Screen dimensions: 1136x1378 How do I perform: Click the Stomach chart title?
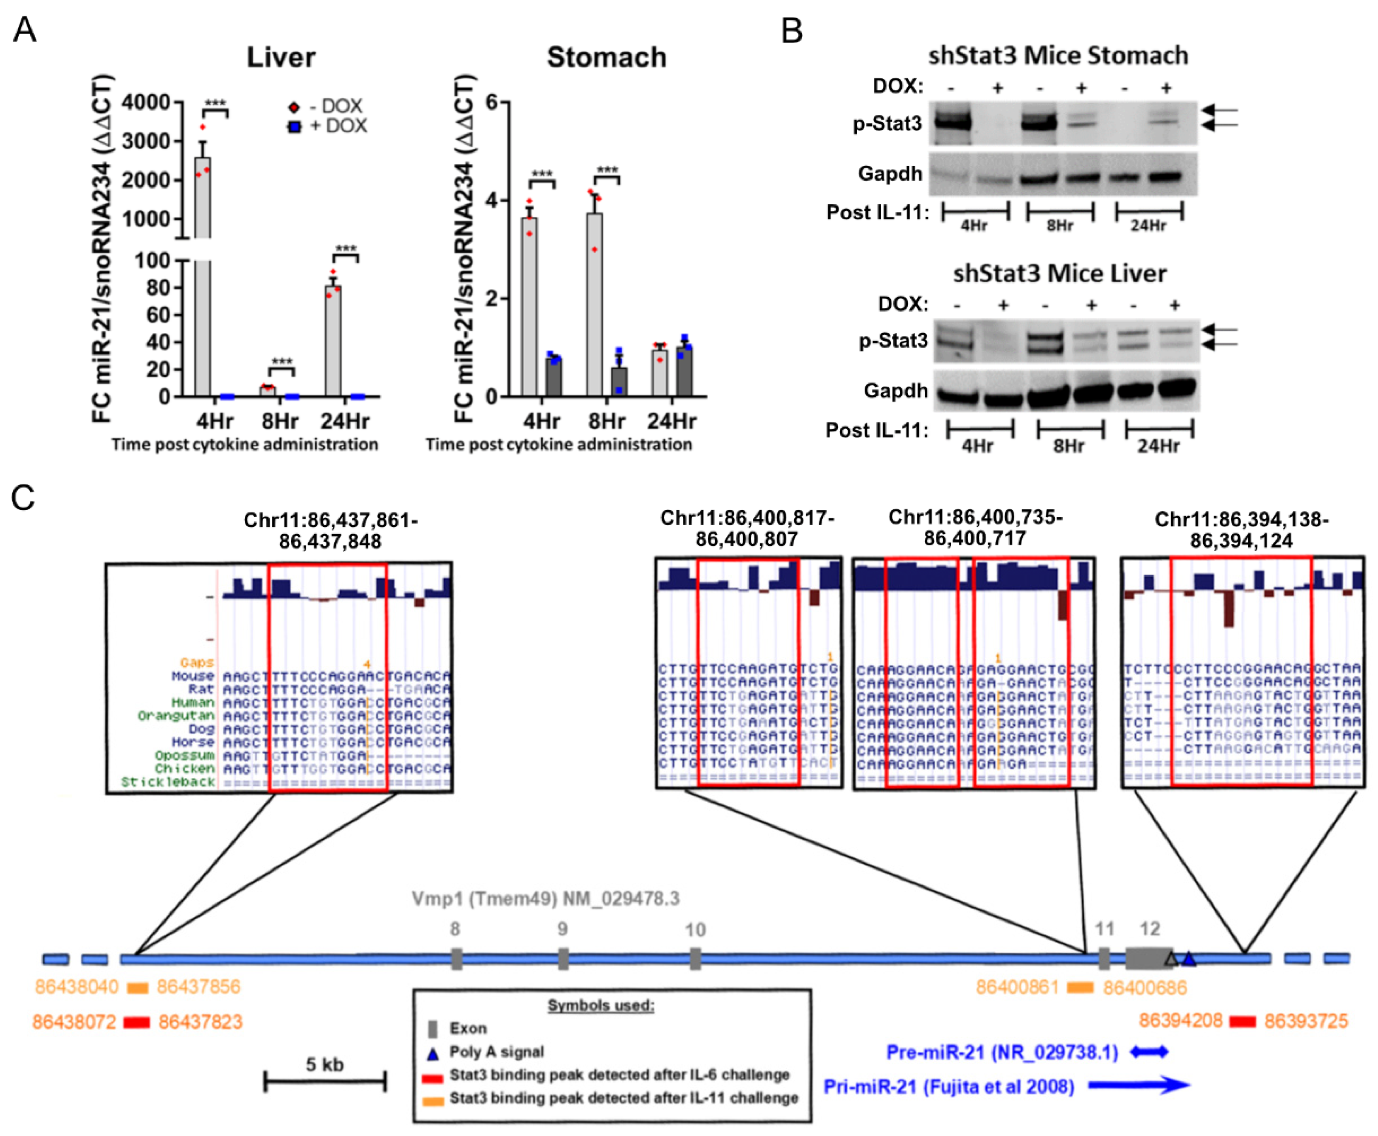[x=606, y=58]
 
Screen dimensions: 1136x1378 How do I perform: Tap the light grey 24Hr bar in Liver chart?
[x=333, y=340]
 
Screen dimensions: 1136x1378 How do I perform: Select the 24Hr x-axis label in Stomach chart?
[x=672, y=421]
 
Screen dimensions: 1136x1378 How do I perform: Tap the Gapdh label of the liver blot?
[x=895, y=391]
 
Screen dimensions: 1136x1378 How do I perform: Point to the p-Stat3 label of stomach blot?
[x=887, y=123]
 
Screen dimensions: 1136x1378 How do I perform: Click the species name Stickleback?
[x=168, y=782]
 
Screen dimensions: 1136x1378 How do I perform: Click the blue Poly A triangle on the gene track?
[x=1189, y=959]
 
